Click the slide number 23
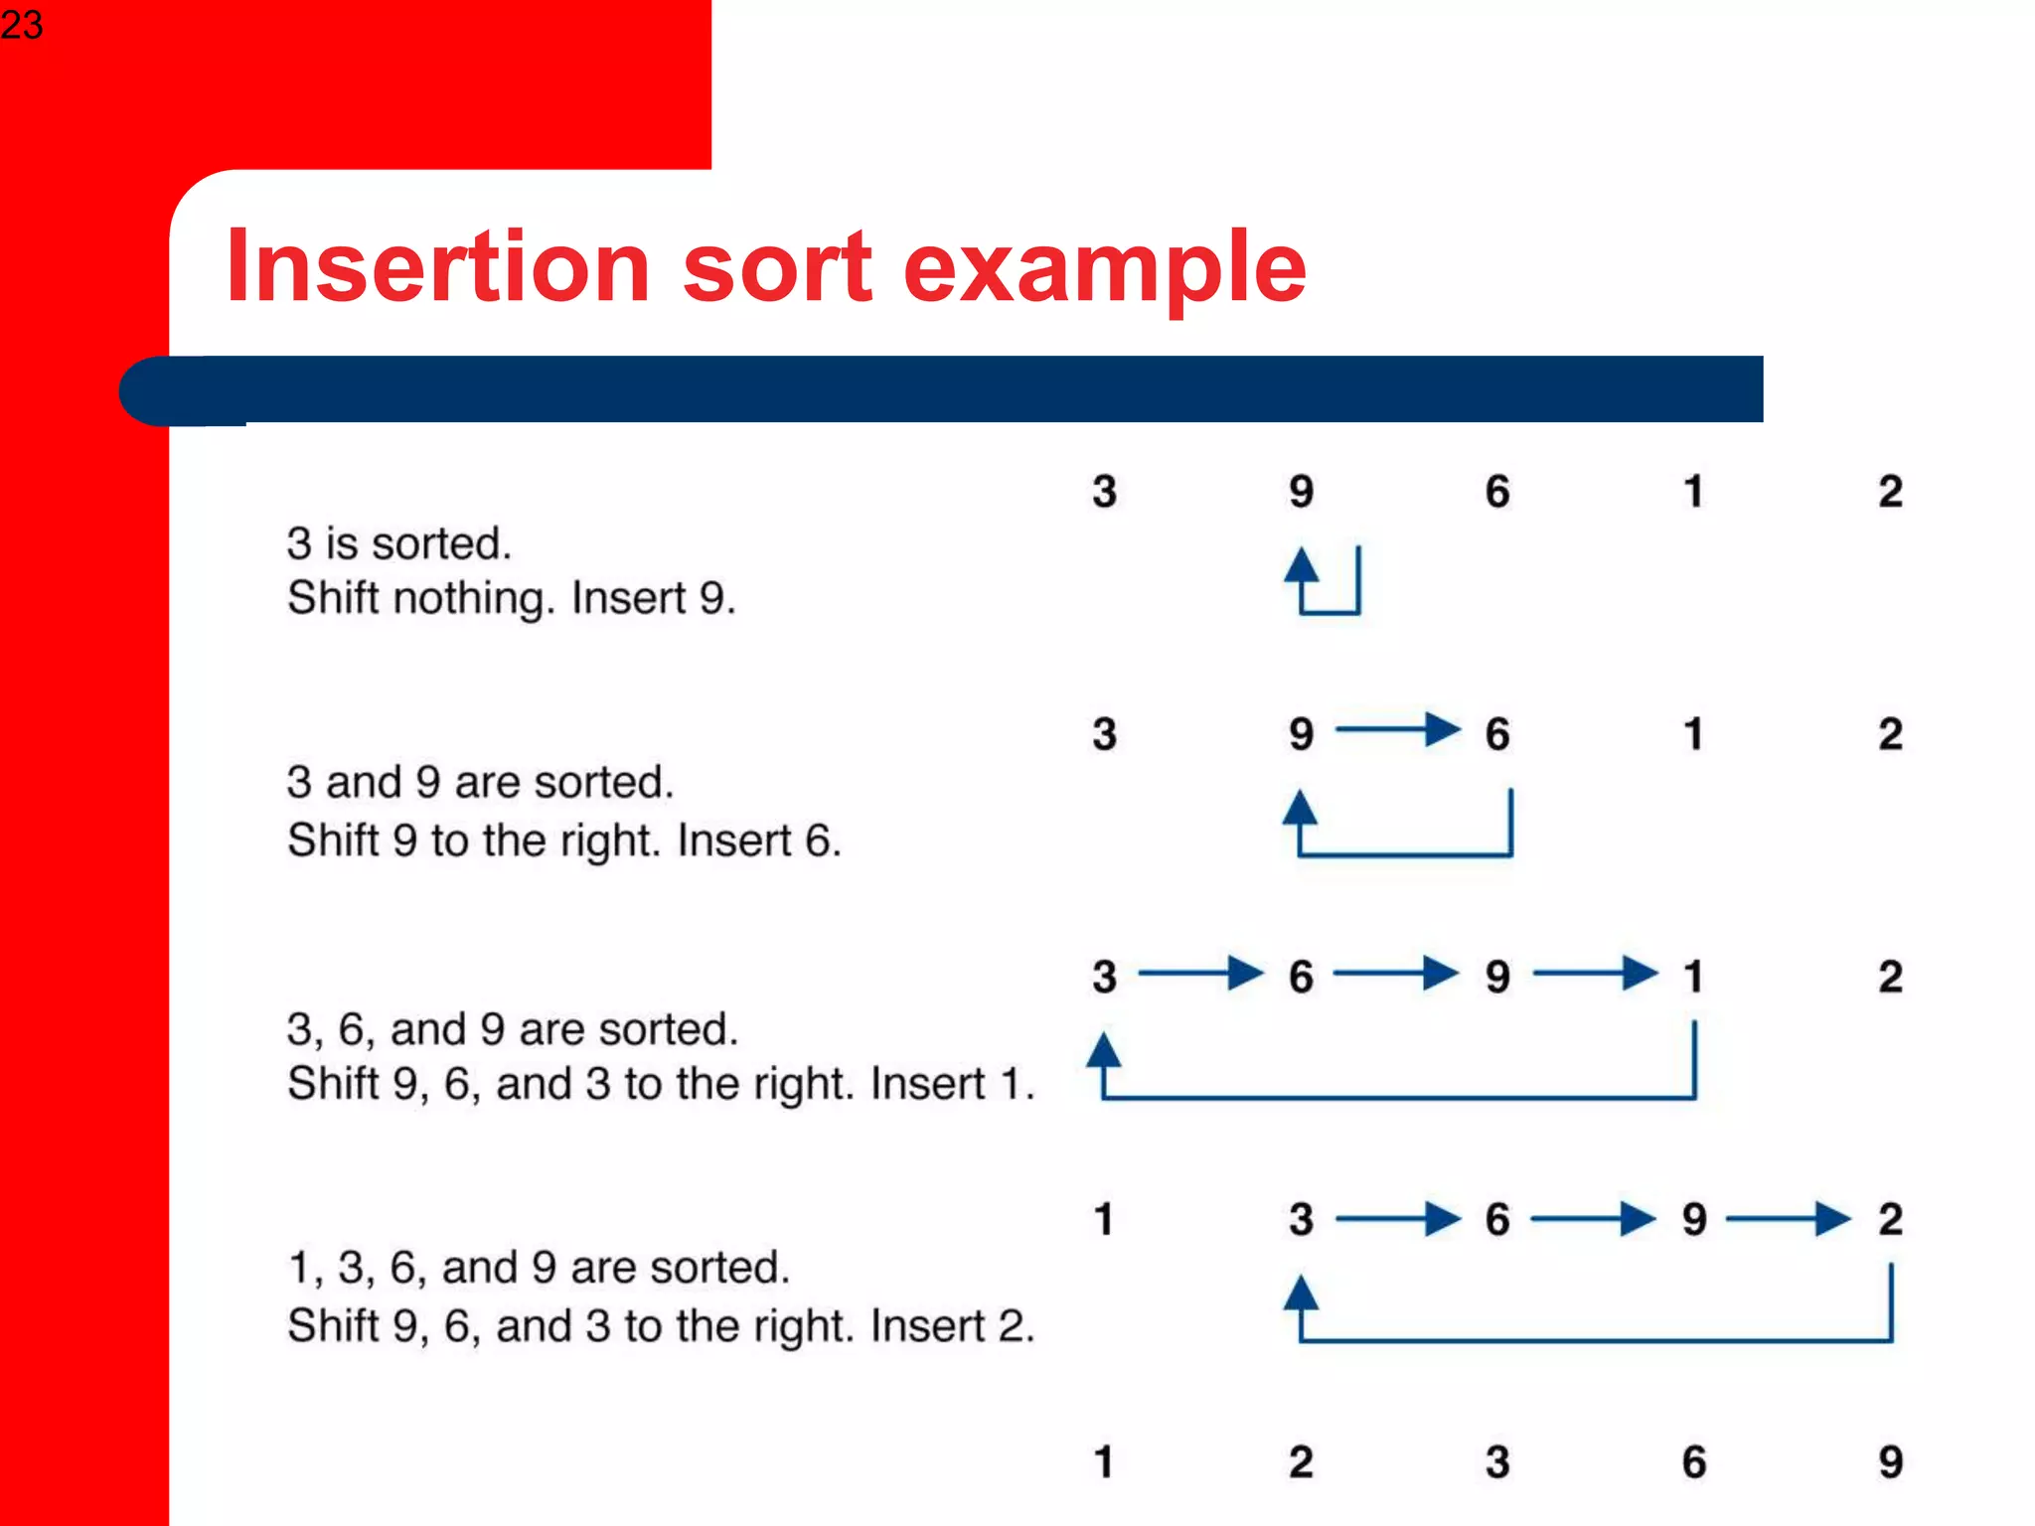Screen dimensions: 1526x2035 (x=22, y=24)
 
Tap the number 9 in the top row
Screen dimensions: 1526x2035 (x=1301, y=492)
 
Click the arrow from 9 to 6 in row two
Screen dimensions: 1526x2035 (x=1397, y=730)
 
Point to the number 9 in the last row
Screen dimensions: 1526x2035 (x=1890, y=1461)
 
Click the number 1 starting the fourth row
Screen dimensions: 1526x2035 (x=1103, y=1219)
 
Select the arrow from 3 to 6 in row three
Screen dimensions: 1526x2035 (x=1200, y=973)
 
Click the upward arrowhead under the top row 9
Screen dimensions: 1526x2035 (x=1301, y=565)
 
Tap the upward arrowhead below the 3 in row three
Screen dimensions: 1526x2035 (x=1103, y=1050)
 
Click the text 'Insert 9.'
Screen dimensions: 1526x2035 (x=653, y=598)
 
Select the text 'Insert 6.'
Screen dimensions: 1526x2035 (x=759, y=840)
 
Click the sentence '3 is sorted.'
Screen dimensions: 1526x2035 (x=399, y=543)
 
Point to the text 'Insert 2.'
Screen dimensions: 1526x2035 (x=952, y=1325)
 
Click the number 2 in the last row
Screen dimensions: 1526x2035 (x=1301, y=1461)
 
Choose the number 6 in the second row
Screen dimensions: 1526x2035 (x=1496, y=734)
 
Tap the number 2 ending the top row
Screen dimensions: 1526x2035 (x=1890, y=492)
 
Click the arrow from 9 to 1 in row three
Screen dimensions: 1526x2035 (x=1595, y=973)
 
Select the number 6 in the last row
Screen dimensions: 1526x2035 (x=1693, y=1461)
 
